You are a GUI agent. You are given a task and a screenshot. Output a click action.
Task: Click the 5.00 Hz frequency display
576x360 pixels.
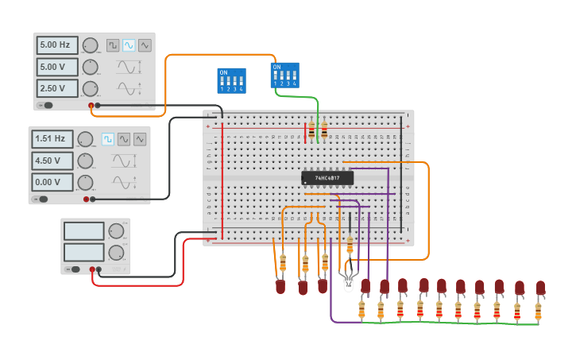coord(58,45)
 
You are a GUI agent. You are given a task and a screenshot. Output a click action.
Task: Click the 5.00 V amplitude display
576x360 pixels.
coord(58,67)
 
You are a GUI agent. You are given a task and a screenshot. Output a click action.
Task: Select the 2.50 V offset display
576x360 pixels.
coord(58,88)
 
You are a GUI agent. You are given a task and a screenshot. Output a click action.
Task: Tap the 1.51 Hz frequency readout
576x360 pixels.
coord(52,139)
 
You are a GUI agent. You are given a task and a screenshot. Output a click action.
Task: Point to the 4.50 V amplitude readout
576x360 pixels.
coord(52,161)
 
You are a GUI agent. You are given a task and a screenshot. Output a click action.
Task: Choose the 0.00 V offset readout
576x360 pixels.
coord(52,182)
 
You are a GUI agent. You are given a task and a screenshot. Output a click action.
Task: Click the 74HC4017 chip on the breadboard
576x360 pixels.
coord(328,178)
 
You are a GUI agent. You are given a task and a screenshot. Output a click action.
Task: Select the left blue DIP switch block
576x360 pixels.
coord(231,80)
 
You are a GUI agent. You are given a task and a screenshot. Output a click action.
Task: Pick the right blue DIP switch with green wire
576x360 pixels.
coord(285,75)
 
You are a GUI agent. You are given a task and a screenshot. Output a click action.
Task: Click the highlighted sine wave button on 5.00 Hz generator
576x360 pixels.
coord(129,45)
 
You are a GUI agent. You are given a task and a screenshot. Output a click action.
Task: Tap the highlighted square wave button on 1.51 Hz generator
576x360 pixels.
coord(107,139)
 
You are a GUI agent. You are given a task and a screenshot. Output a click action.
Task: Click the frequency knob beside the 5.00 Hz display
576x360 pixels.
coord(91,45)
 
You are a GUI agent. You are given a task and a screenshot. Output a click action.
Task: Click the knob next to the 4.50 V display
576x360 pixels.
coord(85,161)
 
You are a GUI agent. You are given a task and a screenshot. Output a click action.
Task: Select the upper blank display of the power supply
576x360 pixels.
coord(84,231)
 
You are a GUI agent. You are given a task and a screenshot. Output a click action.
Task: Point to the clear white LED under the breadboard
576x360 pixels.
coord(347,282)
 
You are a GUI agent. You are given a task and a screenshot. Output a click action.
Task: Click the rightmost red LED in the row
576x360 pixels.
coord(540,288)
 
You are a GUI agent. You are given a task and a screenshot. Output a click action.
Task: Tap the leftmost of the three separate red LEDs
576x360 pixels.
coord(280,287)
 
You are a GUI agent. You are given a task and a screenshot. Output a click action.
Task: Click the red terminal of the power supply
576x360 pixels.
coord(93,270)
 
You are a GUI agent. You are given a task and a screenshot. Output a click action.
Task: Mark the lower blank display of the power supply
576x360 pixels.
coord(84,252)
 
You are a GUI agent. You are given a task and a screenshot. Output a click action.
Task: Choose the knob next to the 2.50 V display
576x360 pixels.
coord(91,88)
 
